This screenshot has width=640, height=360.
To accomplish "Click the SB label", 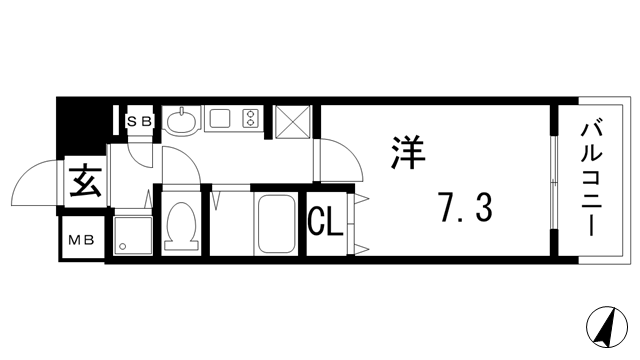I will [138, 121].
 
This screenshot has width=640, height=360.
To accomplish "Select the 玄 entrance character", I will [84, 183].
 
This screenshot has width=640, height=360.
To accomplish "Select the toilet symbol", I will [182, 225].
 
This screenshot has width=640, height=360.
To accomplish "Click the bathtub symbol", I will [277, 225].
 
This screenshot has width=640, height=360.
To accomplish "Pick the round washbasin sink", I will [181, 121].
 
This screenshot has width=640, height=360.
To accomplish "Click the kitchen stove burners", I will [250, 120].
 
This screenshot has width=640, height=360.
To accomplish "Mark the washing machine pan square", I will [133, 237].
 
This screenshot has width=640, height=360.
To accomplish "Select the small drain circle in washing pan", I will [121, 246].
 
